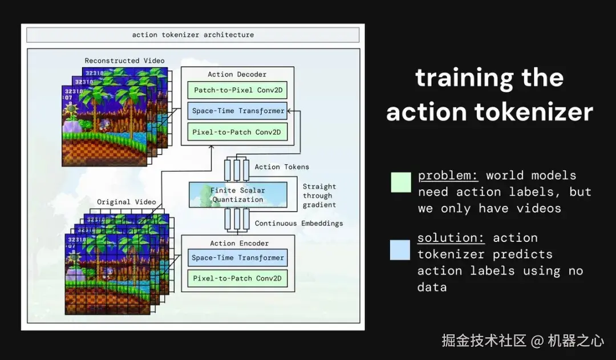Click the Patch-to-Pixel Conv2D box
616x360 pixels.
pyautogui.click(x=237, y=90)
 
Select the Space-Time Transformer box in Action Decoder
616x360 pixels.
pyautogui.click(x=237, y=111)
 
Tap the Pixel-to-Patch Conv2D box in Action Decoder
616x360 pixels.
pyautogui.click(x=237, y=132)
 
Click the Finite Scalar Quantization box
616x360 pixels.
pyautogui.click(x=238, y=195)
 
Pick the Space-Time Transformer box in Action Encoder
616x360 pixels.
pyautogui.click(x=237, y=258)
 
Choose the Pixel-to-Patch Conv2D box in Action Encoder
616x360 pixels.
pyautogui.click(x=237, y=278)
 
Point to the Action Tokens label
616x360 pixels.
pyautogui.click(x=282, y=167)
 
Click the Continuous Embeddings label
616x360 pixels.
pyautogui.click(x=298, y=223)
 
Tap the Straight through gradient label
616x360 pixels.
pyautogui.click(x=319, y=195)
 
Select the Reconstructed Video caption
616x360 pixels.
pyautogui.click(x=124, y=60)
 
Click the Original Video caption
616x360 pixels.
pyautogui.click(x=127, y=202)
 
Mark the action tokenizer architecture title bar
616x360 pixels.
pyautogui.click(x=193, y=35)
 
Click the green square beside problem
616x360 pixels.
pyautogui.click(x=401, y=182)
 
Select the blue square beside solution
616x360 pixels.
pyautogui.click(x=400, y=250)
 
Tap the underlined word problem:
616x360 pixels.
pyautogui.click(x=448, y=176)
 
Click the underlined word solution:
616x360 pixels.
pyautogui.click(x=451, y=238)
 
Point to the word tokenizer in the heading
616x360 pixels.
pyautogui.click(x=534, y=112)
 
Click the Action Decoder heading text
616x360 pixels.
pyautogui.click(x=237, y=74)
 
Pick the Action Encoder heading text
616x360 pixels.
pyautogui.click(x=239, y=243)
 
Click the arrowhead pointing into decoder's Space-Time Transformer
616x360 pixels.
pyautogui.click(x=290, y=111)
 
